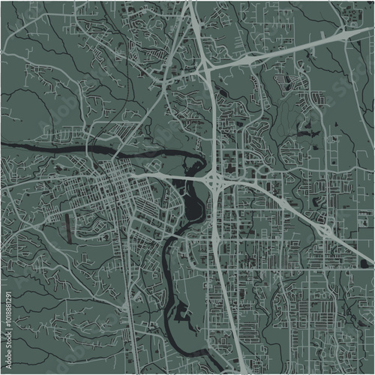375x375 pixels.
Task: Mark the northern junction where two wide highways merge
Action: [x=205, y=66]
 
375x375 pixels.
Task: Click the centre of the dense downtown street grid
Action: [x=120, y=184]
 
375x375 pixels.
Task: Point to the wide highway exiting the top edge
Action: [x=190, y=7]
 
